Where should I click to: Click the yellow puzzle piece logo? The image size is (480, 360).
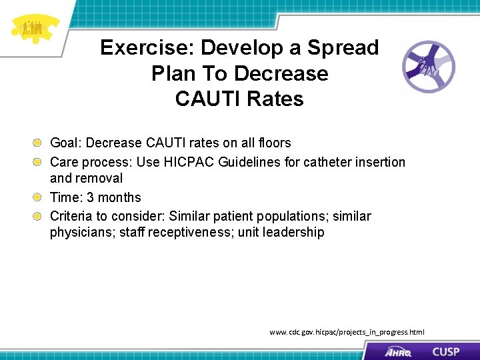click(x=33, y=29)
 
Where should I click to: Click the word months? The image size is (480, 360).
click(x=120, y=197)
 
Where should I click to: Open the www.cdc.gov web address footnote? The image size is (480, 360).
click(x=346, y=332)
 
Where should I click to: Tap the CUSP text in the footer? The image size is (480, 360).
click(x=445, y=351)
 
